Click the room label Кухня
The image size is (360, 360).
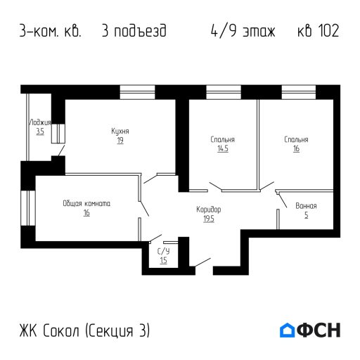point(120,131)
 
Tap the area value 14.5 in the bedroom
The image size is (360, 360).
point(222,149)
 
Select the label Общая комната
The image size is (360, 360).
point(86,203)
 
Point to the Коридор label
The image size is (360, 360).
point(209,210)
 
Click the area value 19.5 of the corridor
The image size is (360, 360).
point(209,219)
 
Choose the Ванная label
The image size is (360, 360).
point(306,206)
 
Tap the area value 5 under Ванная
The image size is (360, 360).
point(306,215)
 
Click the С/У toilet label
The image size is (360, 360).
point(163,251)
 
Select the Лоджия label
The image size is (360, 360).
point(39,122)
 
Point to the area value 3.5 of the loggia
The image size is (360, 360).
point(39,131)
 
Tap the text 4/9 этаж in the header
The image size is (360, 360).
point(243,32)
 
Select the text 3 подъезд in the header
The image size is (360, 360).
point(134,32)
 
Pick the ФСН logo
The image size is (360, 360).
point(309,330)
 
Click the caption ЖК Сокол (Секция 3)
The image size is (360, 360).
point(85,330)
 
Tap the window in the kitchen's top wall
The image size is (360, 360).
point(138,92)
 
